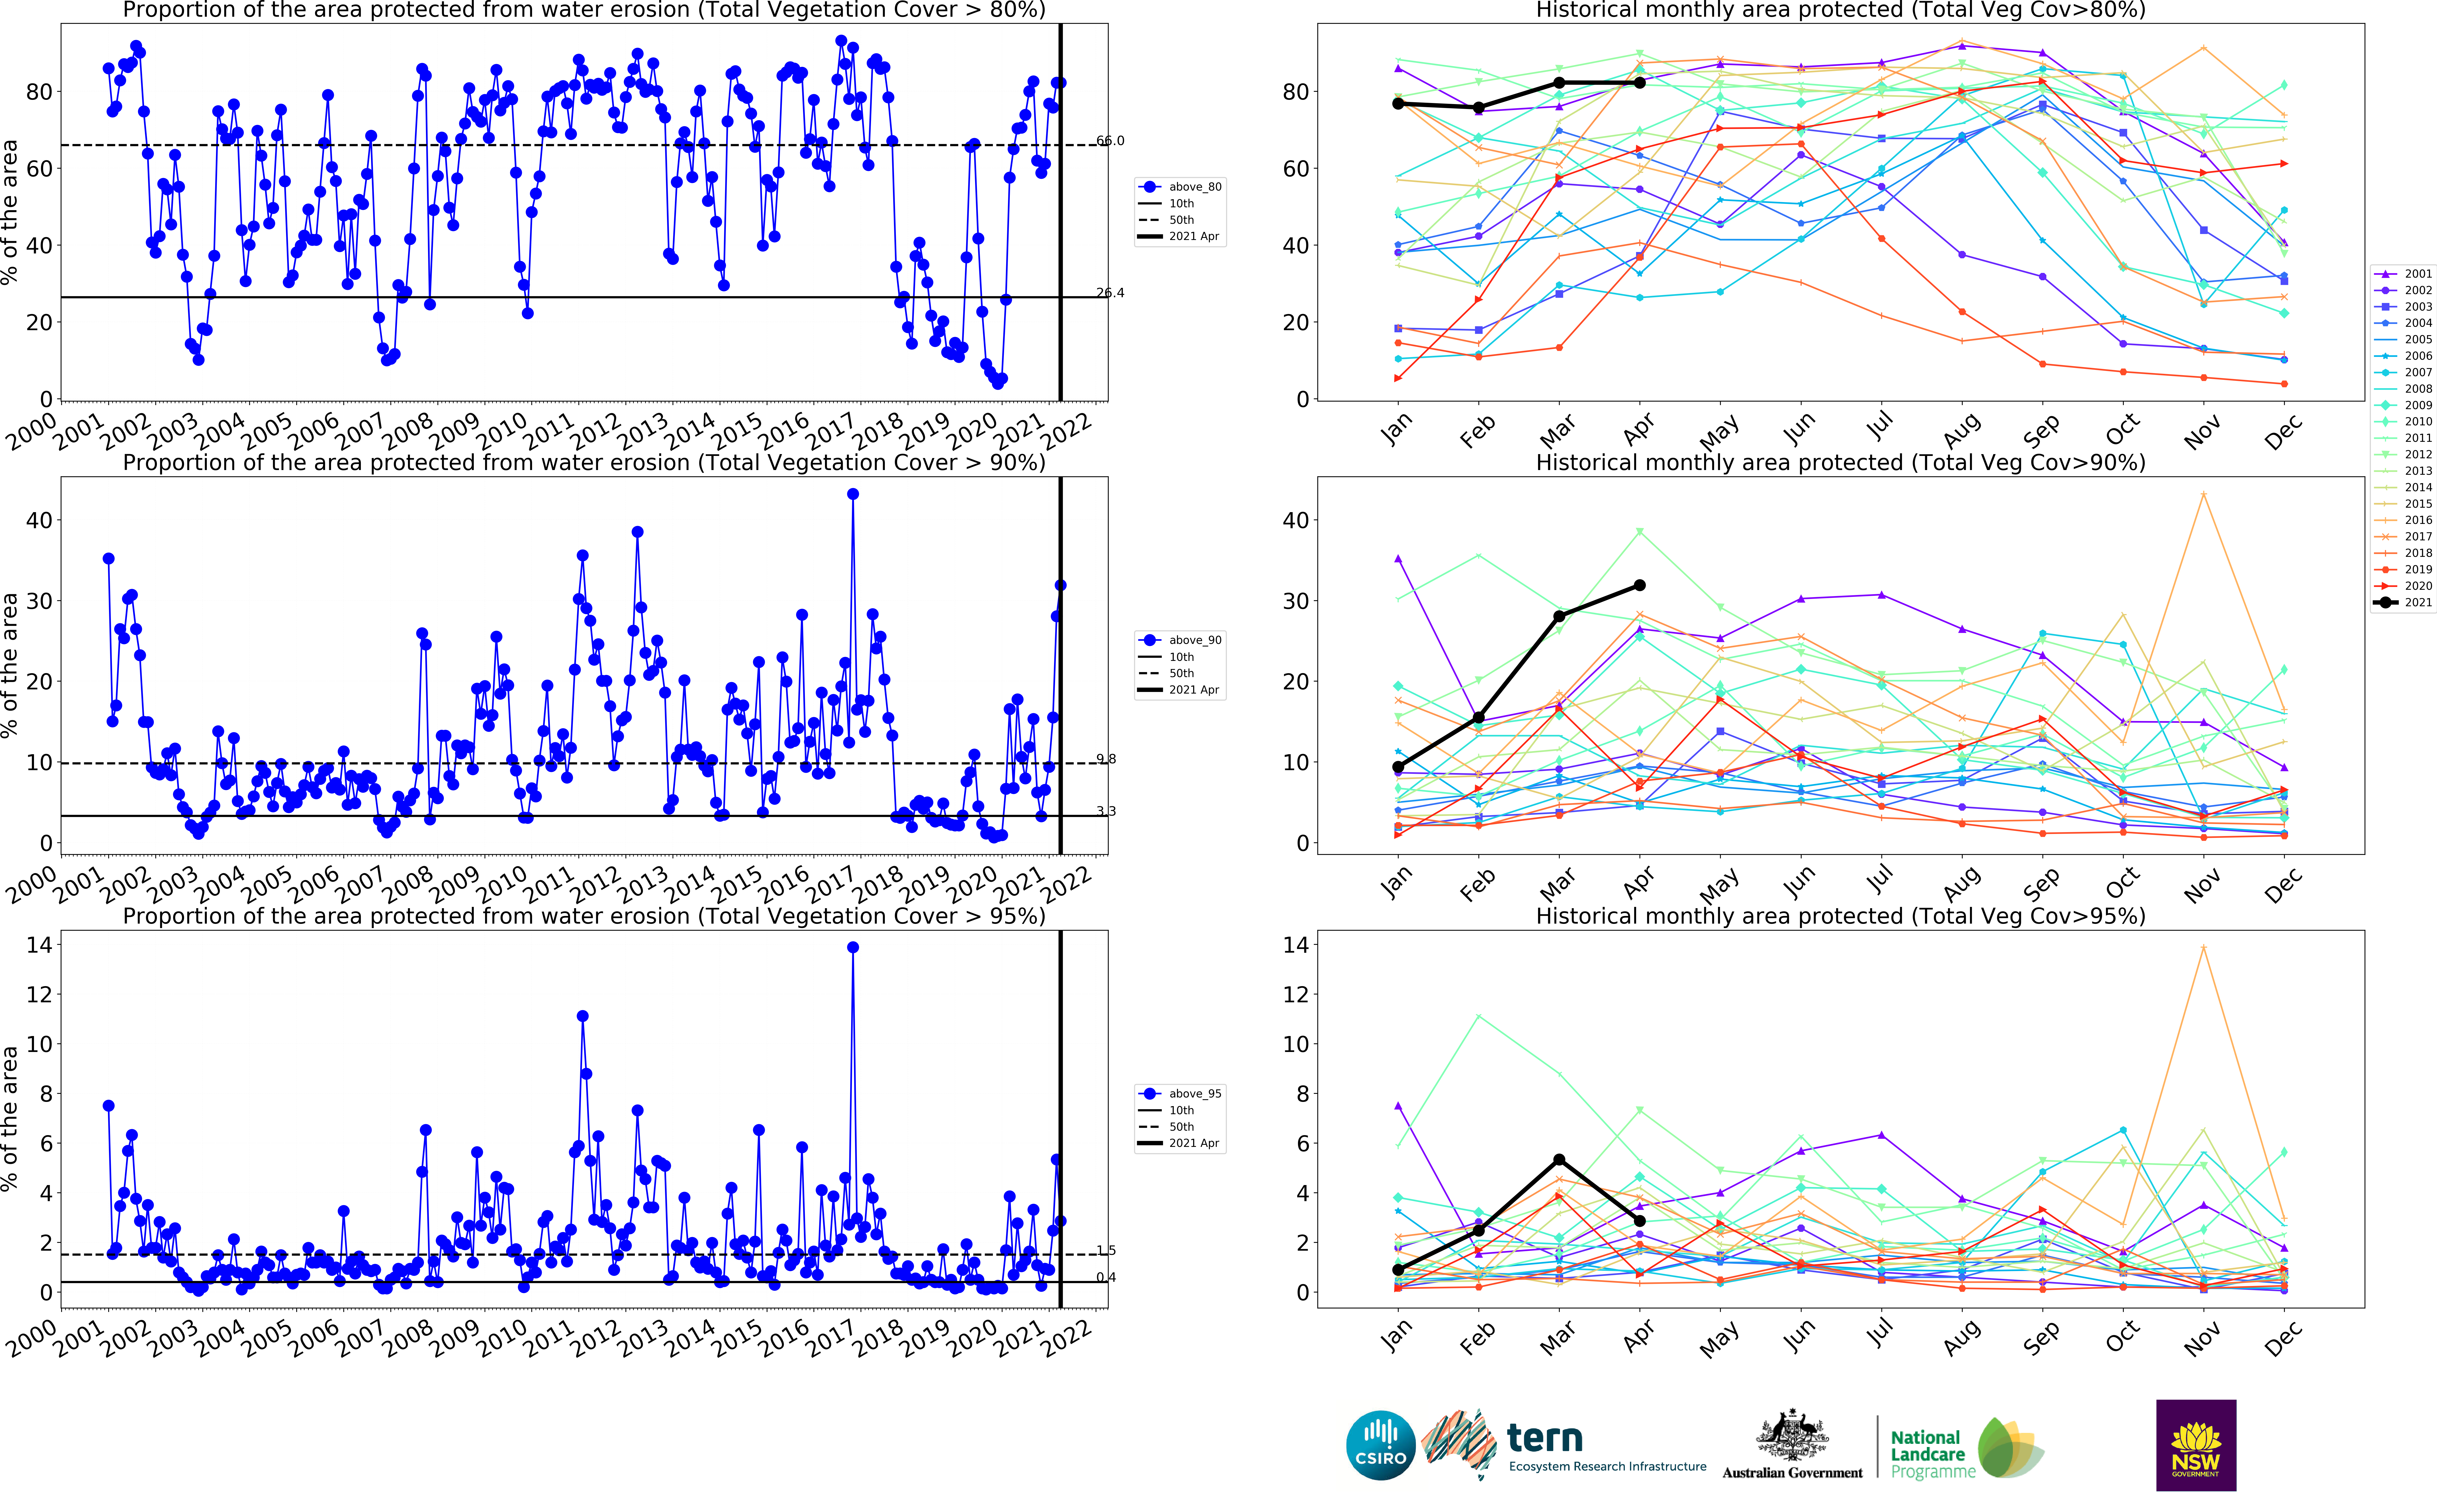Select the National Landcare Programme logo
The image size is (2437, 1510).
click(1966, 1450)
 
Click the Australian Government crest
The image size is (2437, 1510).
click(1792, 1438)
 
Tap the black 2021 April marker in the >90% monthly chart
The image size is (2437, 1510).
click(1639, 585)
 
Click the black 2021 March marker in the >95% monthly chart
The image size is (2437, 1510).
click(1559, 1159)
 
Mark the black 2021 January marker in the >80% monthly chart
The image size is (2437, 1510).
click(1398, 104)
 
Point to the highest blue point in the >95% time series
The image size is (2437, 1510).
click(852, 948)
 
